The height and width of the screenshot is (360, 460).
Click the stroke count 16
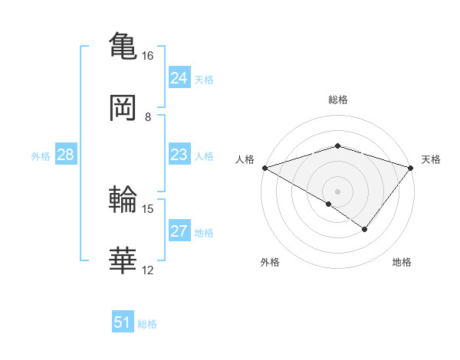(x=148, y=56)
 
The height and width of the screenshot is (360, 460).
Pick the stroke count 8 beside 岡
(x=148, y=117)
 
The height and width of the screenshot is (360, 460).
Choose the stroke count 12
(x=148, y=270)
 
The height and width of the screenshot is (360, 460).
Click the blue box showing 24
(x=179, y=77)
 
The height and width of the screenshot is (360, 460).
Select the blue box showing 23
(x=179, y=155)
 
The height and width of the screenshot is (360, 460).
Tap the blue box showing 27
(x=179, y=231)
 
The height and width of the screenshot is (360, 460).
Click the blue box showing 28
(x=66, y=155)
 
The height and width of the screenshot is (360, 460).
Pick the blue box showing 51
(x=123, y=322)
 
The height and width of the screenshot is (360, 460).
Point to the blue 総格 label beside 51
(x=147, y=324)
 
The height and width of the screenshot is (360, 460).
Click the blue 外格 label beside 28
(x=41, y=156)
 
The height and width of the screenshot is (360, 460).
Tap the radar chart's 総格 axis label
(x=338, y=100)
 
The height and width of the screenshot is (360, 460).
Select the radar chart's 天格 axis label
(x=432, y=159)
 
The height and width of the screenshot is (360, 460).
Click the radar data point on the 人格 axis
(x=264, y=168)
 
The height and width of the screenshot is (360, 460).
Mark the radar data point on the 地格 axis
(x=365, y=229)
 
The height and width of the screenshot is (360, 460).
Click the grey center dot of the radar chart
(x=338, y=191)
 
